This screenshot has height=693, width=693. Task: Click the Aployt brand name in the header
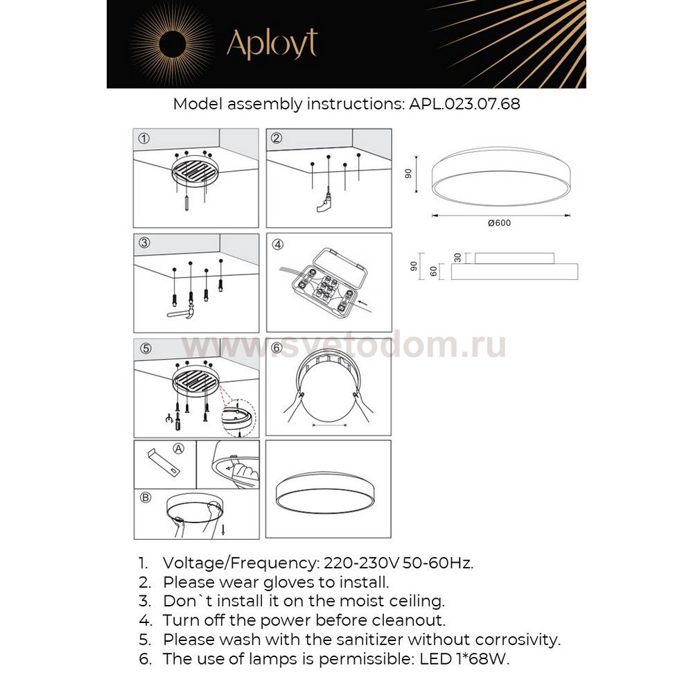click(x=272, y=44)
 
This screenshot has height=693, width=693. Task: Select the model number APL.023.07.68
click(x=465, y=105)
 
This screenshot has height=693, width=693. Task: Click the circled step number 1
click(x=143, y=138)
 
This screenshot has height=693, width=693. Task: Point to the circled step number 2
click(x=277, y=138)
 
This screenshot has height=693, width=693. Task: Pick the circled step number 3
click(x=143, y=243)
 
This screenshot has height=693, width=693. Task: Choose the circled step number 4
click(x=277, y=244)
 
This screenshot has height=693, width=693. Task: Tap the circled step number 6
click(x=277, y=349)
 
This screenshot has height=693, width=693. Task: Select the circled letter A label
click(x=179, y=449)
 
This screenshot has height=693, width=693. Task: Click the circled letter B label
click(x=145, y=497)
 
